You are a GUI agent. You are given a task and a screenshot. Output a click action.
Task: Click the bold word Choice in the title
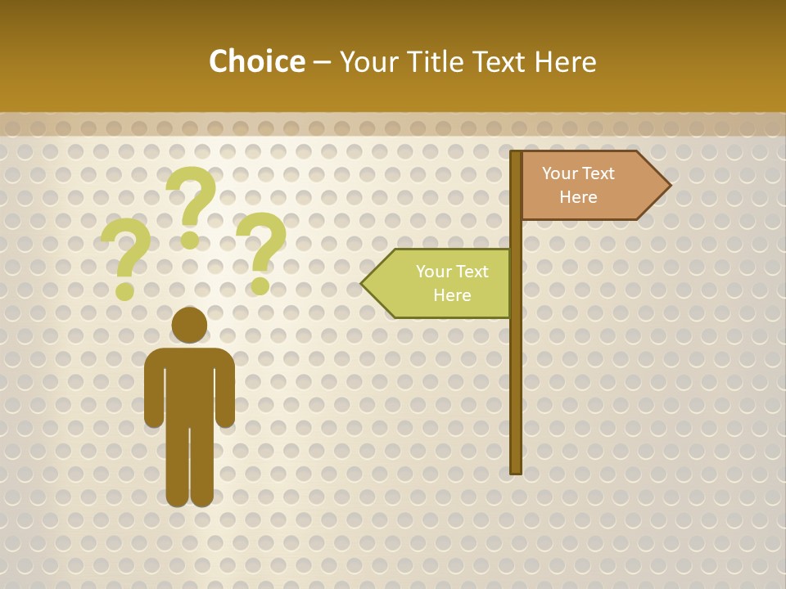[256, 62]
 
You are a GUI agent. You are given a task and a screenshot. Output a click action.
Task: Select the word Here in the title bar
[565, 62]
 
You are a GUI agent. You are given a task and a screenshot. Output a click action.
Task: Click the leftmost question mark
[126, 258]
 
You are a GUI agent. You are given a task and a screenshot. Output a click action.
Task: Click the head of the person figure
[189, 325]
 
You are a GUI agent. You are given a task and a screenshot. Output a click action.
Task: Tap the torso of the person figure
[189, 384]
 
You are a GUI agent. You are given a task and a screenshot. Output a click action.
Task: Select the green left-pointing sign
[446, 283]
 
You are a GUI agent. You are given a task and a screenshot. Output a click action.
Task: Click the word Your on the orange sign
[561, 173]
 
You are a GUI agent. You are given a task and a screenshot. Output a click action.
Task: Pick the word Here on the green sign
[452, 295]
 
